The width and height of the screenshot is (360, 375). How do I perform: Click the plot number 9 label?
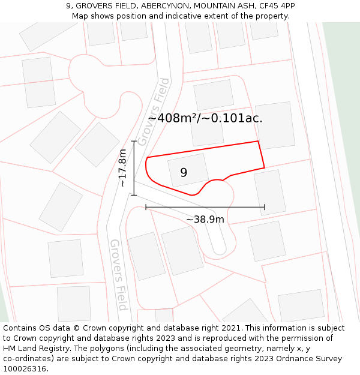pyautogui.click(x=184, y=172)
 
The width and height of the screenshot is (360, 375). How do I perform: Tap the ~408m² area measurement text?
pyautogui.click(x=173, y=118)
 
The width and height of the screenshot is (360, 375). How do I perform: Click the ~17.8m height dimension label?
pyautogui.click(x=122, y=168)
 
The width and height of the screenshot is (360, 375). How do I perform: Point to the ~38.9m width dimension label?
pyautogui.click(x=205, y=219)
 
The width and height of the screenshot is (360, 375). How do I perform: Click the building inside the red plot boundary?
pyautogui.click(x=188, y=170)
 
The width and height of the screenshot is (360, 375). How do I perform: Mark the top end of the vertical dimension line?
pyautogui.click(x=133, y=141)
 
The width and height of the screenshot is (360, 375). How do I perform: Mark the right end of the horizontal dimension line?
pyautogui.click(x=264, y=208)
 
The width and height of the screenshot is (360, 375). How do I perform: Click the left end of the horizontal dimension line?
pyautogui.click(x=146, y=208)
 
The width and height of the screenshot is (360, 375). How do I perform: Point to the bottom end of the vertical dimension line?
pyautogui.click(x=133, y=195)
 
